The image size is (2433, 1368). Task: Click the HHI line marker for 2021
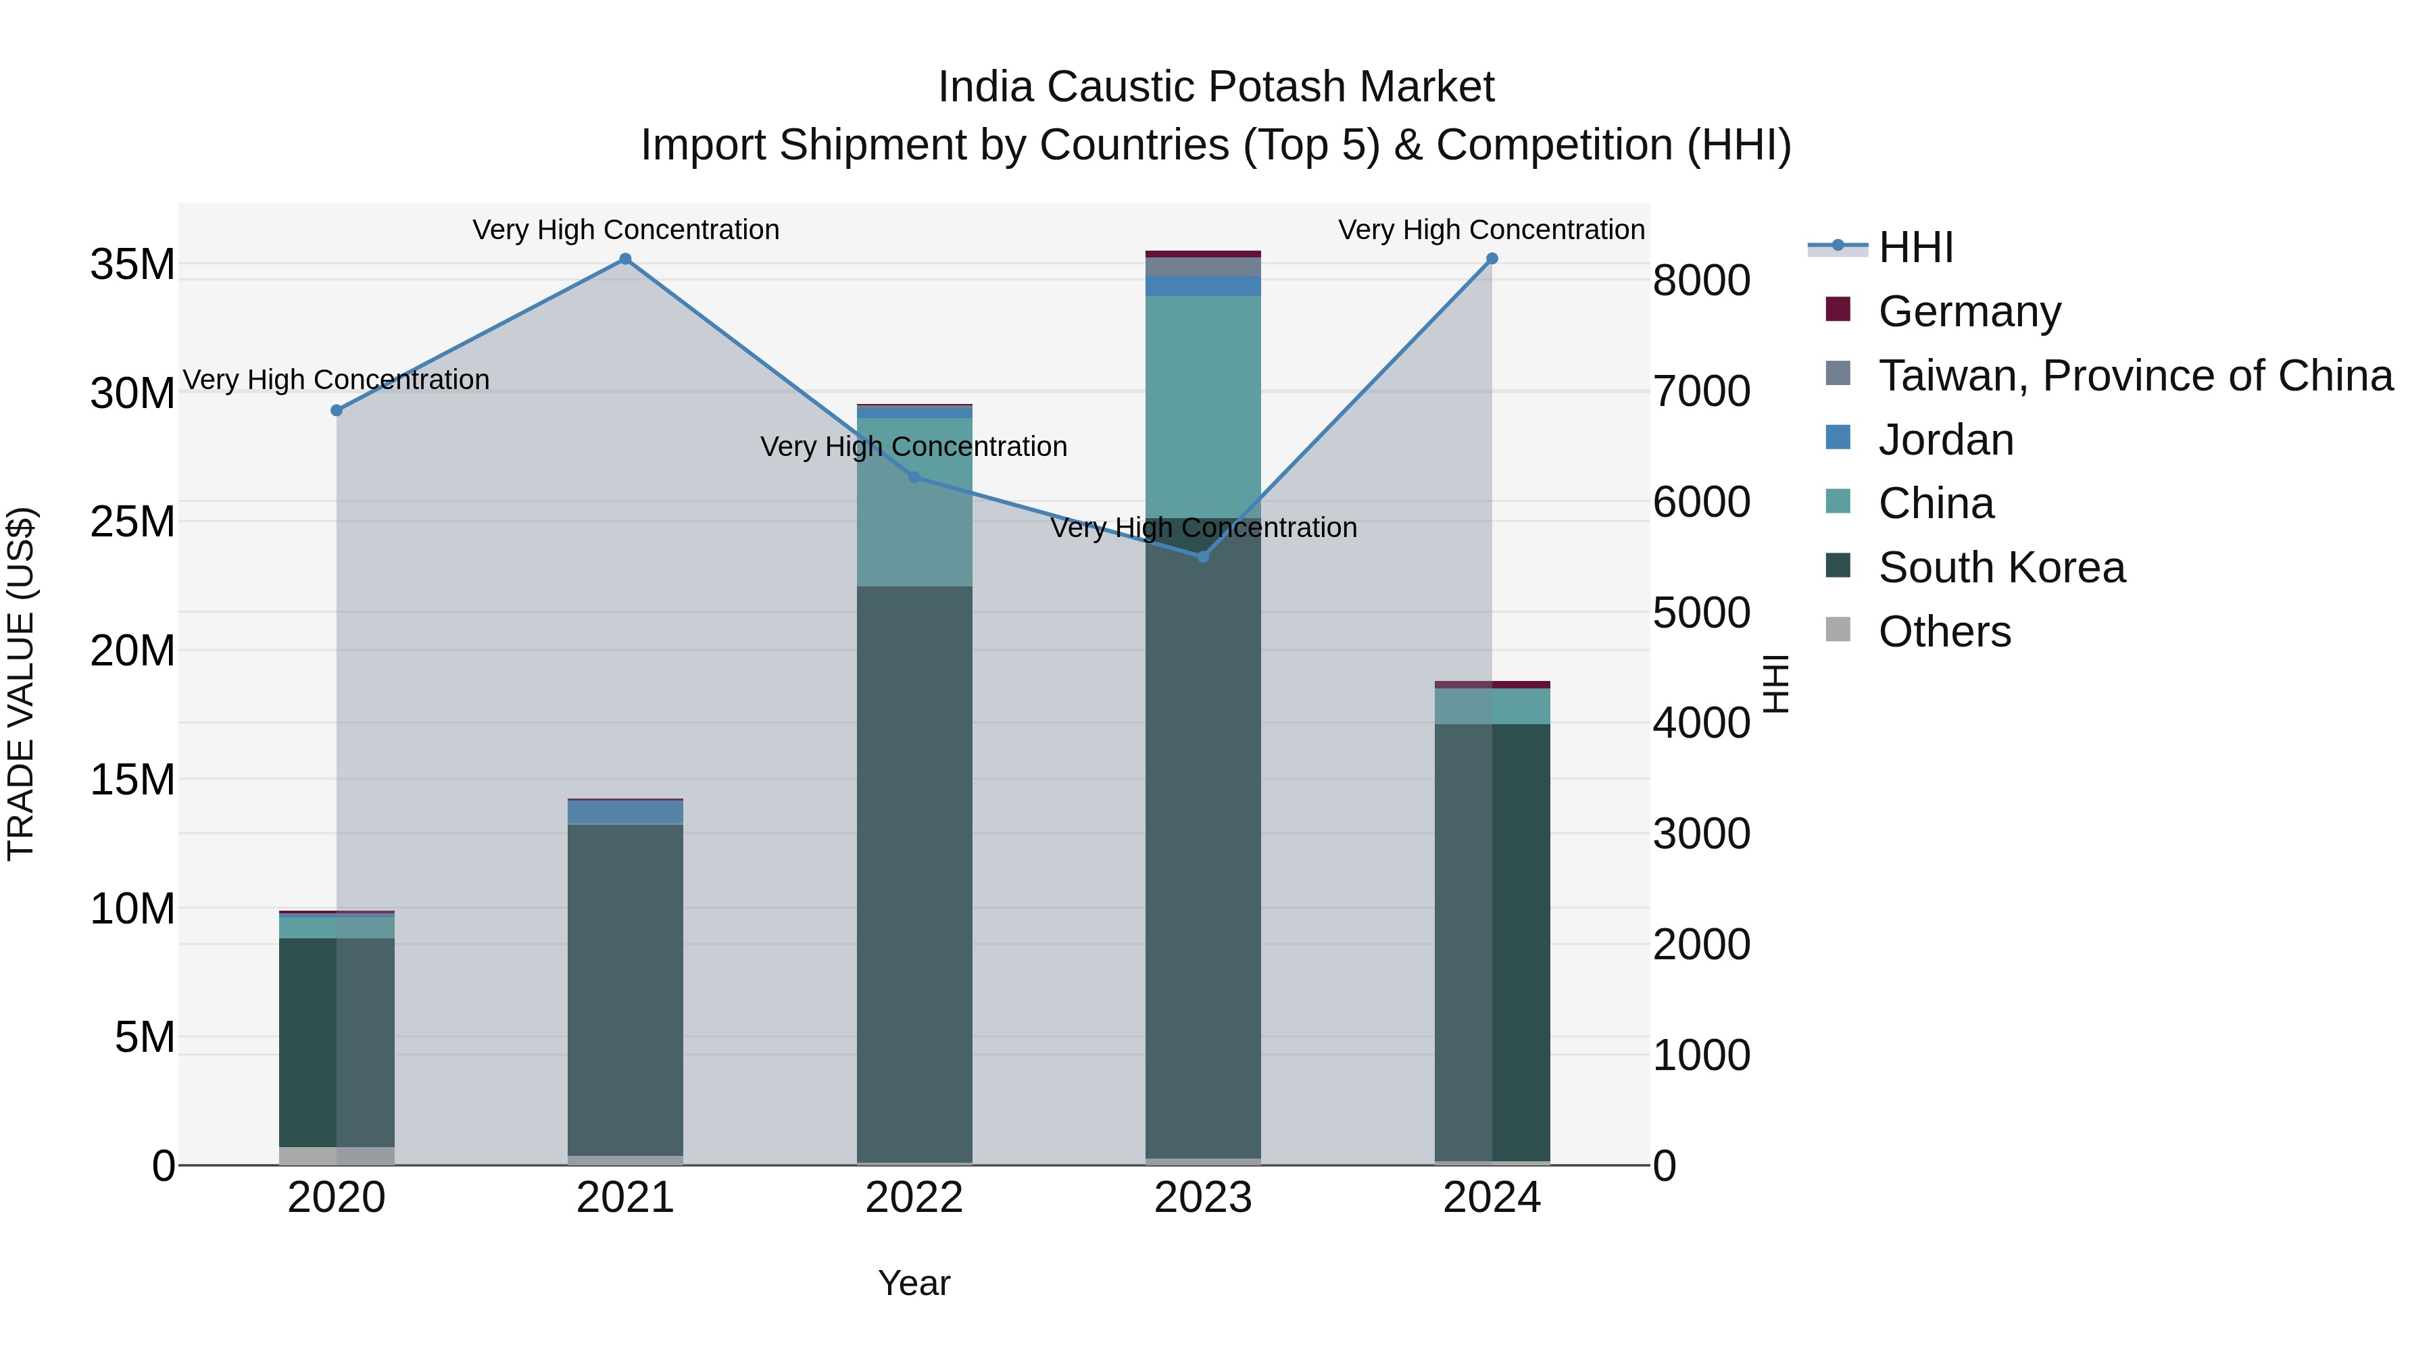click(x=625, y=259)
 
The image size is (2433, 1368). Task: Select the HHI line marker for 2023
click(x=1203, y=557)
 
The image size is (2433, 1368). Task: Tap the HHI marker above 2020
click(x=337, y=411)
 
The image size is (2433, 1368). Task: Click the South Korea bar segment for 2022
click(x=914, y=873)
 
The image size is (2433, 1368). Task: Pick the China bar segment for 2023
click(x=1203, y=406)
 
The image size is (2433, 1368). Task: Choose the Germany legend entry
click(x=1969, y=311)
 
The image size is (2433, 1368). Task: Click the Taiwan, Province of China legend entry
click(x=2134, y=376)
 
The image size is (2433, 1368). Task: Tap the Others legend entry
click(x=1944, y=632)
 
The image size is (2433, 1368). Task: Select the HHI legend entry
click(x=1915, y=247)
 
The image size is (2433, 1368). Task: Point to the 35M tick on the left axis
click(x=132, y=264)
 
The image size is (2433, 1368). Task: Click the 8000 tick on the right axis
click(x=1701, y=280)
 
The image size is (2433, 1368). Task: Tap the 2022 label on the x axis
click(x=914, y=1198)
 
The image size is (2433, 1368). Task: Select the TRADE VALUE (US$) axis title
click(x=21, y=684)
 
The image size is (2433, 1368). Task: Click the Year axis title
click(x=914, y=1283)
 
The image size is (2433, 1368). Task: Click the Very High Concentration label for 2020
click(x=337, y=380)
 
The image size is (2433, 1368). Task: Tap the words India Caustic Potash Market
click(x=1216, y=87)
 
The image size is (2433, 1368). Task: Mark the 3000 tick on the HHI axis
click(x=1701, y=834)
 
